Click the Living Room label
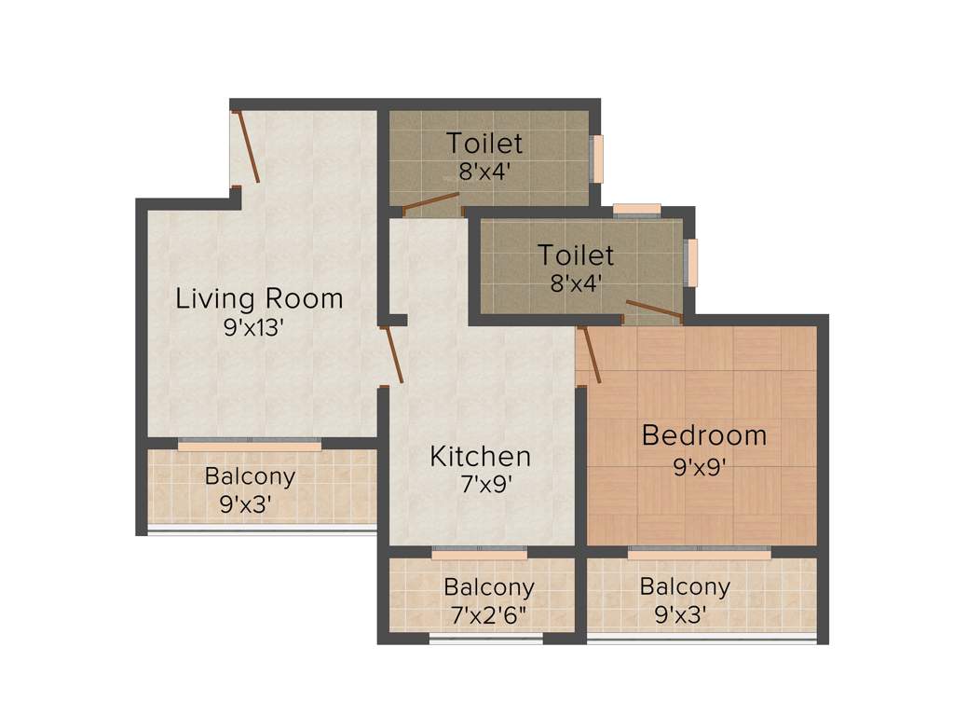(260, 299)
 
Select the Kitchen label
(480, 457)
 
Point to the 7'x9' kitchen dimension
(480, 485)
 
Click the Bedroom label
(704, 435)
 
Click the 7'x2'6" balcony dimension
(489, 616)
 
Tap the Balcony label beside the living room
(250, 476)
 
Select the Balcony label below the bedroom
(685, 587)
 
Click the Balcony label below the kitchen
(489, 588)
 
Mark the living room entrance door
(246, 145)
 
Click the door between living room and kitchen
(392, 354)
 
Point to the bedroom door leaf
(589, 355)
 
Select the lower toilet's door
(654, 310)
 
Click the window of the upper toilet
(597, 158)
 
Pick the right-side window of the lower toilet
(691, 262)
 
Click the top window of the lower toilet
(637, 209)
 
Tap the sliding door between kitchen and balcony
(479, 553)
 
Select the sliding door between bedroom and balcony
(699, 552)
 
